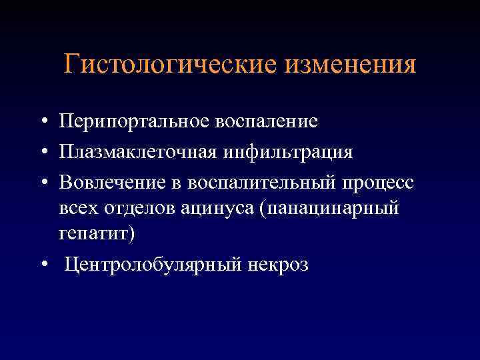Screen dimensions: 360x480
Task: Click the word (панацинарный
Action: [330, 209]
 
